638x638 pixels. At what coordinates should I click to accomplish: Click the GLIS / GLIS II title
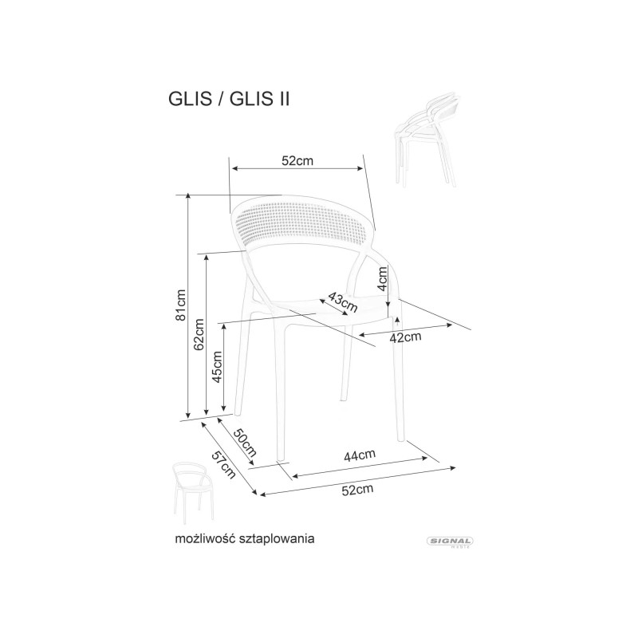[229, 99]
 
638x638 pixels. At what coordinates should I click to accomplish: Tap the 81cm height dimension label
[180, 305]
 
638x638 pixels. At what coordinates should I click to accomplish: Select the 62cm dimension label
[199, 334]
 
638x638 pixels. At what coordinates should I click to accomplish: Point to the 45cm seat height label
[217, 367]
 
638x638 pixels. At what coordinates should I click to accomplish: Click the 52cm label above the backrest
[297, 161]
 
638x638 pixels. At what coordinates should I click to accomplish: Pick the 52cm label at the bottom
[357, 490]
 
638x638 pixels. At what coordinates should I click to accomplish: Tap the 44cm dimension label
[360, 455]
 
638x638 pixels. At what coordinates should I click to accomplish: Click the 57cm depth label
[224, 466]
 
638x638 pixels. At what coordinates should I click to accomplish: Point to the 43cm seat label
[343, 301]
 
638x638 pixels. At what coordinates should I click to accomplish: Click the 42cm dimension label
[405, 337]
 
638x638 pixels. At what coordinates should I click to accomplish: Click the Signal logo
[450, 542]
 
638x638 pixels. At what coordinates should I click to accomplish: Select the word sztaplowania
[277, 539]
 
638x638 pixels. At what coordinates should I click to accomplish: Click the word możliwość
[206, 539]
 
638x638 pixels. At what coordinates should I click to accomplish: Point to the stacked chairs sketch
[427, 141]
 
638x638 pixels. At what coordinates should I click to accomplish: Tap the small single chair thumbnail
[193, 493]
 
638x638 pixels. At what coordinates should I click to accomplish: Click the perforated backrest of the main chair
[302, 224]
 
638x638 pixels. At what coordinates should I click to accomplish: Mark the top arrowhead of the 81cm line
[188, 196]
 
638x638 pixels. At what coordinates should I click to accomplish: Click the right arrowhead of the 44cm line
[425, 458]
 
